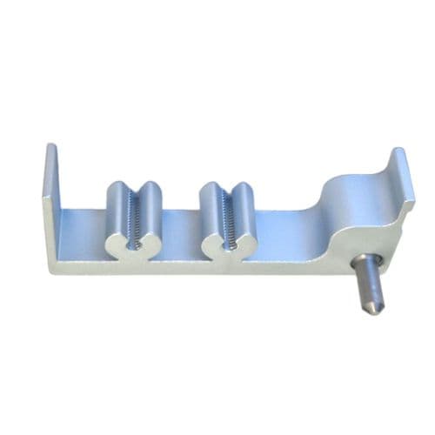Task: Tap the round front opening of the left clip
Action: click(x=133, y=246)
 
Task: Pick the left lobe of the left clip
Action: click(x=117, y=217)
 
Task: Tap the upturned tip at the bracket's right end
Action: click(x=399, y=161)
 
